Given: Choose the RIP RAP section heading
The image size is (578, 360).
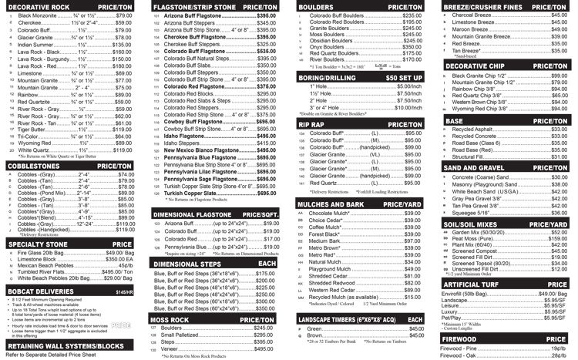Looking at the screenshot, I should point(314,123).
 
